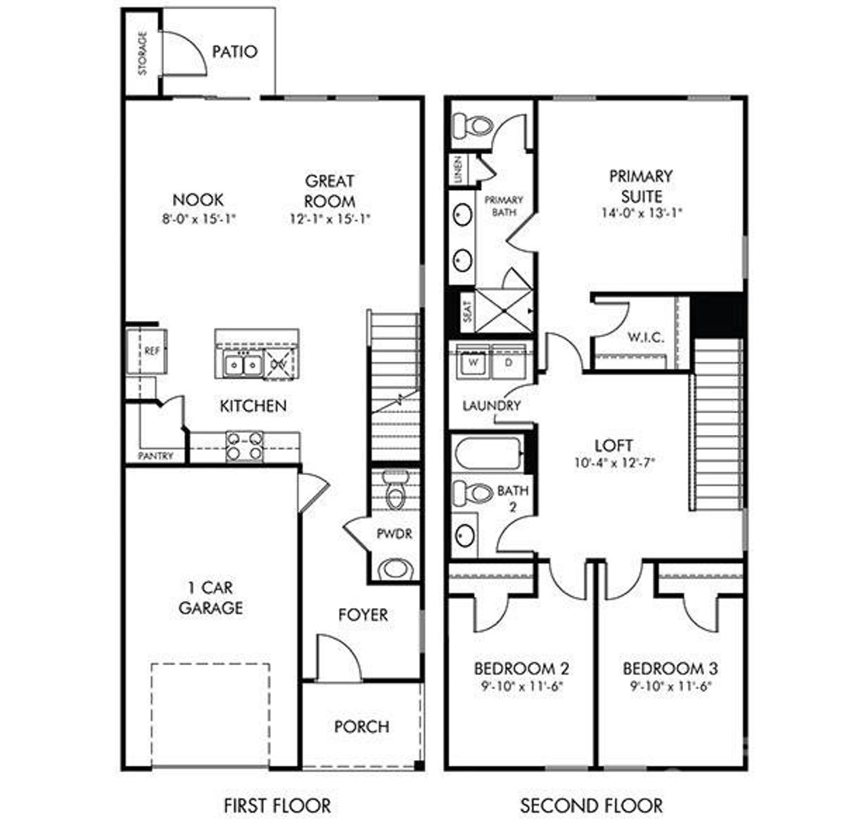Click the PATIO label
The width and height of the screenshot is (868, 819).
tap(235, 52)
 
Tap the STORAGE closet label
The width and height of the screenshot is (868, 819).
tap(143, 53)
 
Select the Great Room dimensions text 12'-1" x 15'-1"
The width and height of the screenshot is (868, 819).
tap(330, 218)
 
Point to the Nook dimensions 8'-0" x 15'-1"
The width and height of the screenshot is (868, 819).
tap(198, 218)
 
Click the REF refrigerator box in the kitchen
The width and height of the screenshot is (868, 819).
tap(152, 351)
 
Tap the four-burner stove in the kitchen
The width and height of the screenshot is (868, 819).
tap(244, 446)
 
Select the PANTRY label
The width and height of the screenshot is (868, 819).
tap(156, 456)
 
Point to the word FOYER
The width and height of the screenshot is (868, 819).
tap(363, 615)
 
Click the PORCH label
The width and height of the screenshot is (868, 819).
tap(362, 727)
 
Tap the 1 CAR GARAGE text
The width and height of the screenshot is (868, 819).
tap(210, 597)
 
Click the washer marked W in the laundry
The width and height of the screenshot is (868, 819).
tap(475, 362)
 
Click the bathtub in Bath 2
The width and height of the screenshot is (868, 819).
tap(488, 453)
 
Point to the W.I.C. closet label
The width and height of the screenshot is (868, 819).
tap(645, 337)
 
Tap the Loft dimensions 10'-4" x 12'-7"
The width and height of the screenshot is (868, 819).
tap(614, 464)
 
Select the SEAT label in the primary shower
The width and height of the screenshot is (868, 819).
tap(467, 311)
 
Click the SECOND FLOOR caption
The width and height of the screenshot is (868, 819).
tap(591, 805)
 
